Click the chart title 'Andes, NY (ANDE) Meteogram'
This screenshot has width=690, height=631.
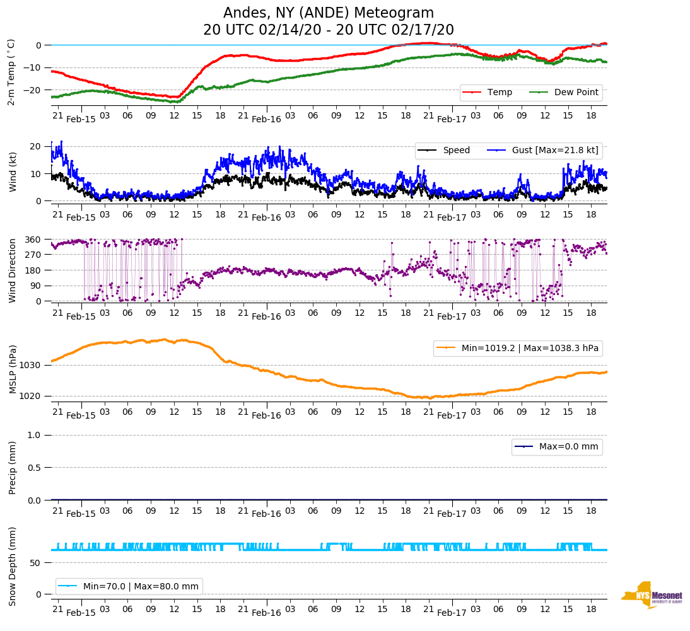pyautogui.click(x=329, y=13)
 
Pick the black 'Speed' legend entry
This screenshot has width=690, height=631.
pyautogui.click(x=456, y=150)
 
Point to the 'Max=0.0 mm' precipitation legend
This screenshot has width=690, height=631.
pyautogui.click(x=567, y=447)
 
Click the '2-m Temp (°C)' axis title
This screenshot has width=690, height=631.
pyautogui.click(x=11, y=72)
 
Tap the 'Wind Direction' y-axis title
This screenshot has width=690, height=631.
pyautogui.click(x=12, y=270)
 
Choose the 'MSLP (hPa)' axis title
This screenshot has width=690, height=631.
pyautogui.click(x=12, y=369)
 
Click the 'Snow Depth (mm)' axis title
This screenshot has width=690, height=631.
pyautogui.click(x=12, y=566)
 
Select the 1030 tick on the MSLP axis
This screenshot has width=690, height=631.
pyautogui.click(x=31, y=365)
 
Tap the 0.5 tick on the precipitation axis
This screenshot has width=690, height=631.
pyautogui.click(x=35, y=468)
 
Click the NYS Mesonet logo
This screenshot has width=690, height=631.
pyautogui.click(x=652, y=595)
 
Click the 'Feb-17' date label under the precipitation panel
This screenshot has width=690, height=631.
pyautogui.click(x=452, y=514)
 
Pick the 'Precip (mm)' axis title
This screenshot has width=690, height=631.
pyautogui.click(x=12, y=468)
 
